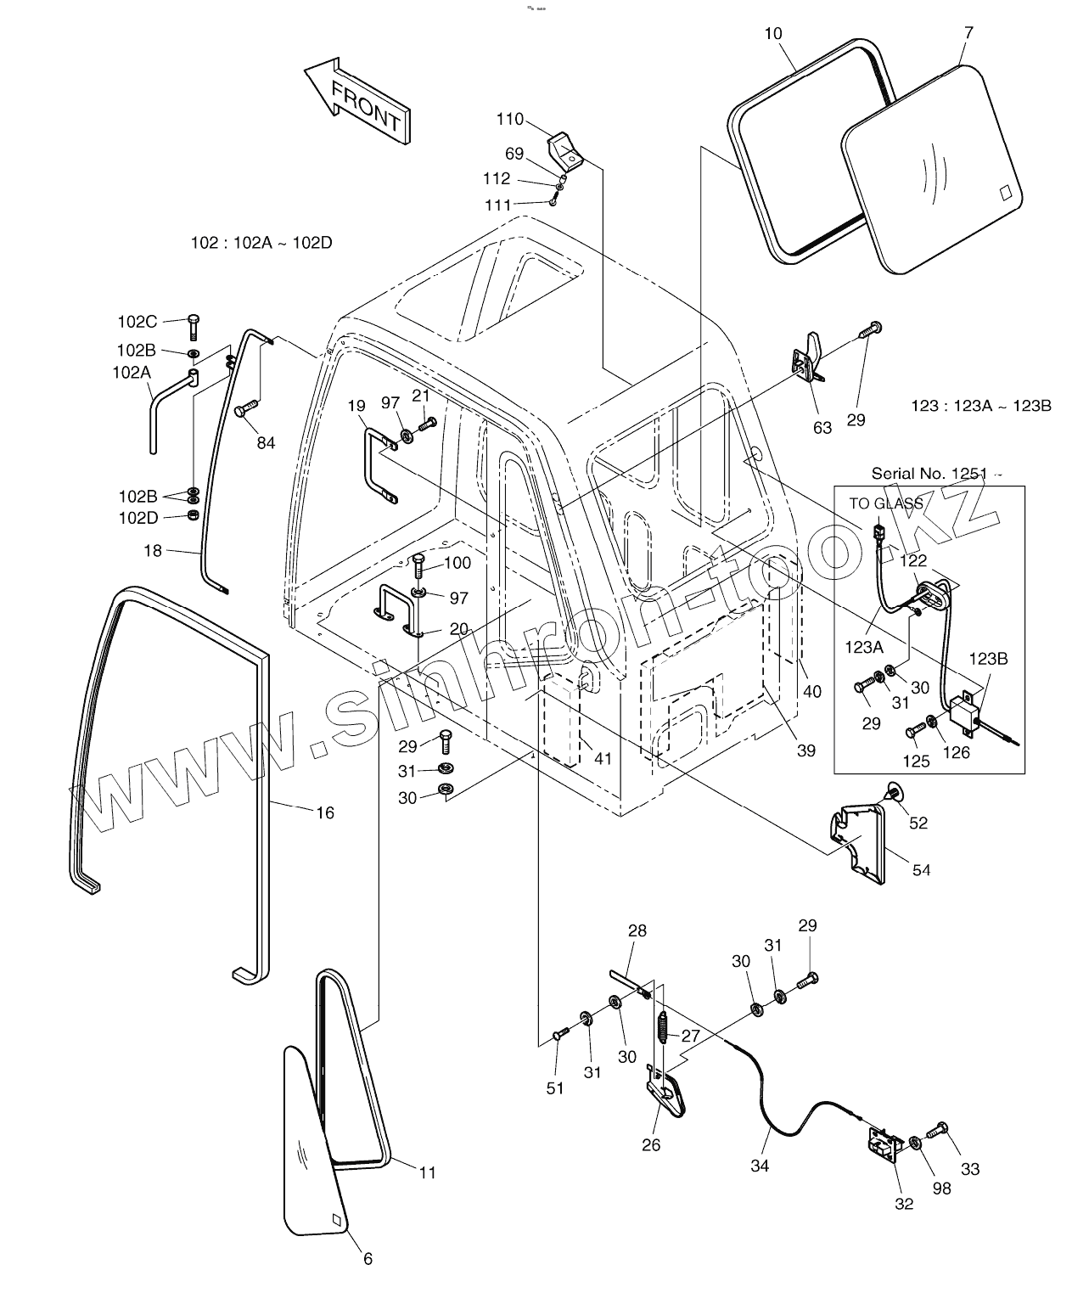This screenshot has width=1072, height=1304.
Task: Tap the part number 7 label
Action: coord(969,33)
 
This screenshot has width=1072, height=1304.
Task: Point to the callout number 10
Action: coord(772,34)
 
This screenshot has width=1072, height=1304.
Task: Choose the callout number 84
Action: coord(266,442)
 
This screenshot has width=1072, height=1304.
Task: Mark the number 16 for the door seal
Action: coord(325,812)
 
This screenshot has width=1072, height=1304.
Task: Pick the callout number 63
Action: coord(822,428)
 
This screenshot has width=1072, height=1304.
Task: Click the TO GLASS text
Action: coord(886,503)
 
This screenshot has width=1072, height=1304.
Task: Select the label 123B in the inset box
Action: coord(989,659)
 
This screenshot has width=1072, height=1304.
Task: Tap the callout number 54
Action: coord(921,869)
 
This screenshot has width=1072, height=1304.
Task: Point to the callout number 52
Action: coord(918,823)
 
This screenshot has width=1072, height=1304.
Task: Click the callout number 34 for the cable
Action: coord(760,1166)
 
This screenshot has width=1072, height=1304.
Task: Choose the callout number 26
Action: coord(651,1144)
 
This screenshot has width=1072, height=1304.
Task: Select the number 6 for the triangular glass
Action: coord(368,1259)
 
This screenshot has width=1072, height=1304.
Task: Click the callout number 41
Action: coord(603,759)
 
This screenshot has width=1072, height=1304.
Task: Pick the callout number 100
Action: coord(457,563)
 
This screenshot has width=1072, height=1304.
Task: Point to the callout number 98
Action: coord(941,1189)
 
